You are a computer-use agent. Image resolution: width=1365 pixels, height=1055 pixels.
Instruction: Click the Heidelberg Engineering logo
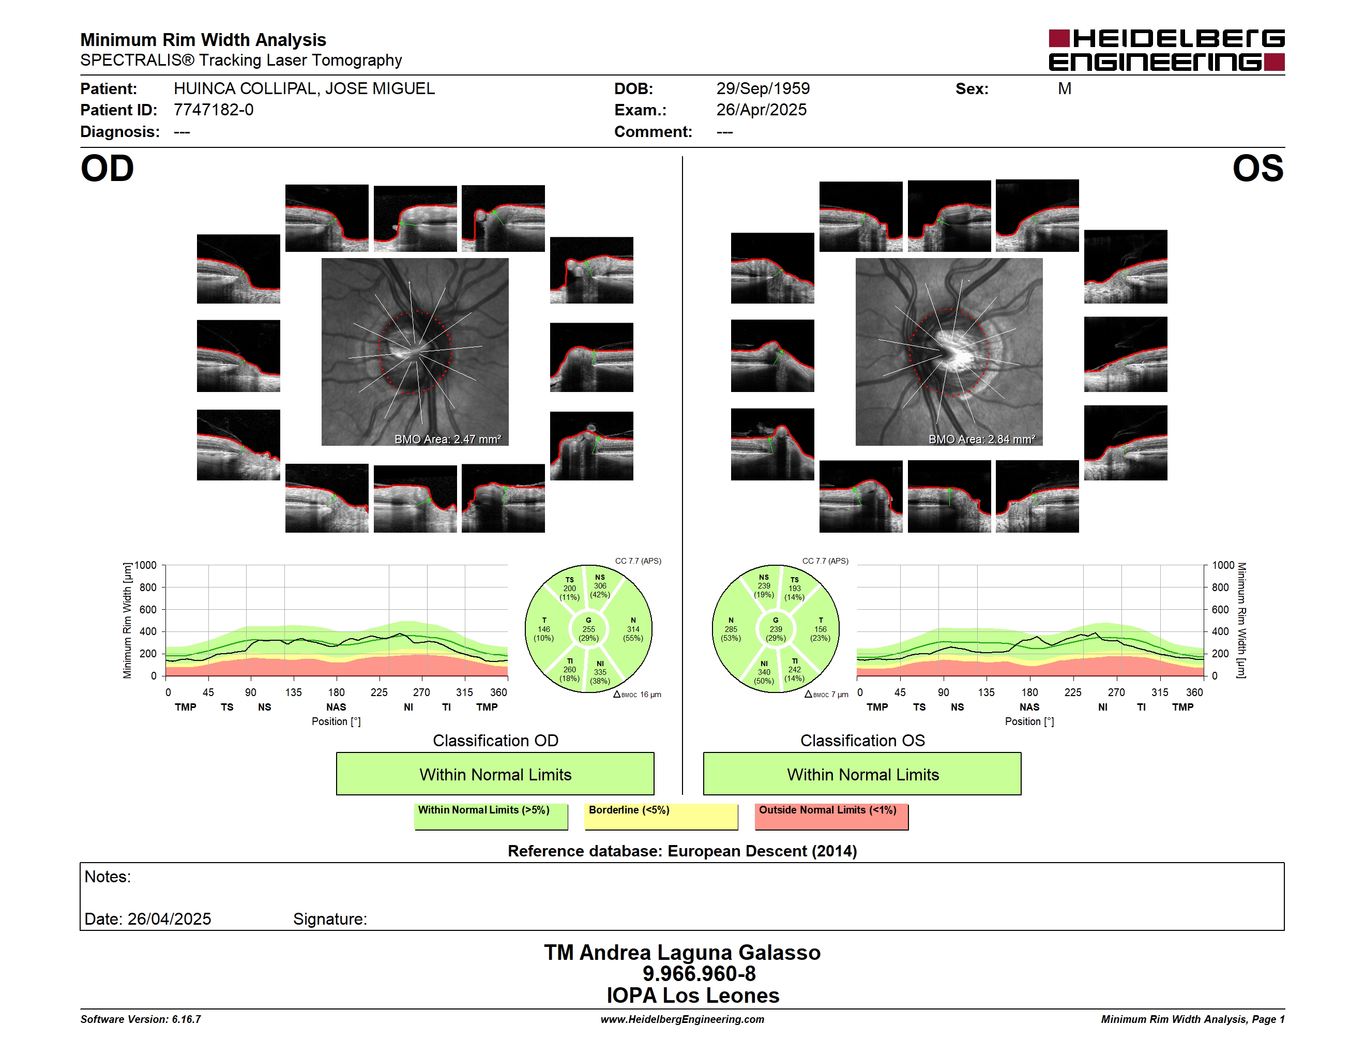pyautogui.click(x=1166, y=50)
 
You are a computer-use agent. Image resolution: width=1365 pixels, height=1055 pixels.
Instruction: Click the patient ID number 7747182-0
pyautogui.click(x=213, y=110)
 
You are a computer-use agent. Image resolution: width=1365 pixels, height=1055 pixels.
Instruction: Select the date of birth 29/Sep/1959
pyautogui.click(x=763, y=89)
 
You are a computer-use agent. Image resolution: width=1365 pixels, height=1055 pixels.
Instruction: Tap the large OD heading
pyautogui.click(x=107, y=169)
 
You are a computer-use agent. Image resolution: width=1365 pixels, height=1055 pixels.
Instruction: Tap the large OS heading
pyautogui.click(x=1257, y=169)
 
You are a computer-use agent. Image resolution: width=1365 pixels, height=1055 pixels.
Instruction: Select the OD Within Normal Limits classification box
pyautogui.click(x=495, y=774)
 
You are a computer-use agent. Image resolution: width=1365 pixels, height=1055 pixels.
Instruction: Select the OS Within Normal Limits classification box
pyautogui.click(x=862, y=774)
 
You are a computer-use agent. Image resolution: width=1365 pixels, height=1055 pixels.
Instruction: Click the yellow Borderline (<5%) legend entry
pyautogui.click(x=661, y=816)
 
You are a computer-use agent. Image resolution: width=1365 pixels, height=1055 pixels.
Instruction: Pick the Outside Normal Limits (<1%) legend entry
pyautogui.click(x=831, y=816)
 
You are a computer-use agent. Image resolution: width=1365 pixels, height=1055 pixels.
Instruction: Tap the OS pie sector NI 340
pyautogui.click(x=764, y=672)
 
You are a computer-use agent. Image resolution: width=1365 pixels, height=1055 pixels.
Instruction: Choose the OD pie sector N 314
pyautogui.click(x=633, y=629)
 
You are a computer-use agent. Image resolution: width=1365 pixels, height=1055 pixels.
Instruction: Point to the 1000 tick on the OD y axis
pyautogui.click(x=146, y=565)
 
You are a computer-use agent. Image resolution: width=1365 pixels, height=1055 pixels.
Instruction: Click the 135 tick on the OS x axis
pyautogui.click(x=986, y=692)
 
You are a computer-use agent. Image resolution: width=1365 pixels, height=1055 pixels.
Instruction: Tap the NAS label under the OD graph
pyautogui.click(x=336, y=707)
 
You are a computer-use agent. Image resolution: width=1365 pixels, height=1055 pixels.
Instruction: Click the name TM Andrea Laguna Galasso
pyautogui.click(x=682, y=952)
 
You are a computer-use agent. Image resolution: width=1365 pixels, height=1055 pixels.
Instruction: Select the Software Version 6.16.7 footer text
pyautogui.click(x=141, y=1019)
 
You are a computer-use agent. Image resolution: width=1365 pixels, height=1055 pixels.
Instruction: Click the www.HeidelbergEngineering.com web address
pyautogui.click(x=682, y=1019)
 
